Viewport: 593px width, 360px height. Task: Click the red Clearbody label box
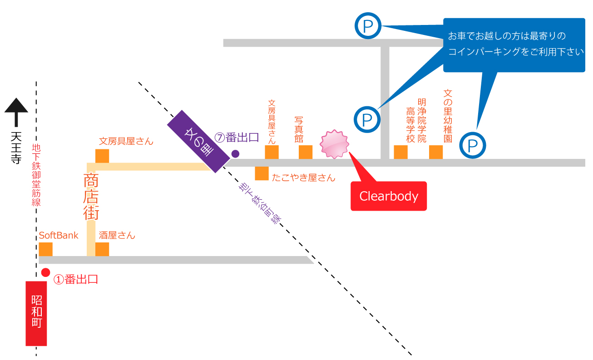pos(388,196)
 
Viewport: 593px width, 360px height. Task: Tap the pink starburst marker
pos(335,144)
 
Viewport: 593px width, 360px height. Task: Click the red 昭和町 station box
pos(36,313)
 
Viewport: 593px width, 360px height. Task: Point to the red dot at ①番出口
pos(45,272)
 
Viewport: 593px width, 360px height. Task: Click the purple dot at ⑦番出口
pos(235,153)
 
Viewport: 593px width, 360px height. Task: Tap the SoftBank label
pos(59,235)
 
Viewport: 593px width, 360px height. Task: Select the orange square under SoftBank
pos(46,249)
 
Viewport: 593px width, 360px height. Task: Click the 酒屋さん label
pos(117,235)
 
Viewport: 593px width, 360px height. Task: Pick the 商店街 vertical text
pos(91,196)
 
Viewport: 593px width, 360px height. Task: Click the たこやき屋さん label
pos(303,178)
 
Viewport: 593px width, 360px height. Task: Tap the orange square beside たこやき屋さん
pos(262,173)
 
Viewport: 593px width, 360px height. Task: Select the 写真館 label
pos(299,129)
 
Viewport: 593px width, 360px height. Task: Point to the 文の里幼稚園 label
pos(448,116)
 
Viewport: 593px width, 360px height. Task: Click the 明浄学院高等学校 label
pos(416,121)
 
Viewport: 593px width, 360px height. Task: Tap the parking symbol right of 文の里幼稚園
pos(473,146)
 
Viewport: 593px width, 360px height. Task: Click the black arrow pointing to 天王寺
pos(16,112)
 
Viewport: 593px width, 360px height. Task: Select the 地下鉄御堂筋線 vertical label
pos(36,175)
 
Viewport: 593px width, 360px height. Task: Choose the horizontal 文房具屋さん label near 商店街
pos(126,141)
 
